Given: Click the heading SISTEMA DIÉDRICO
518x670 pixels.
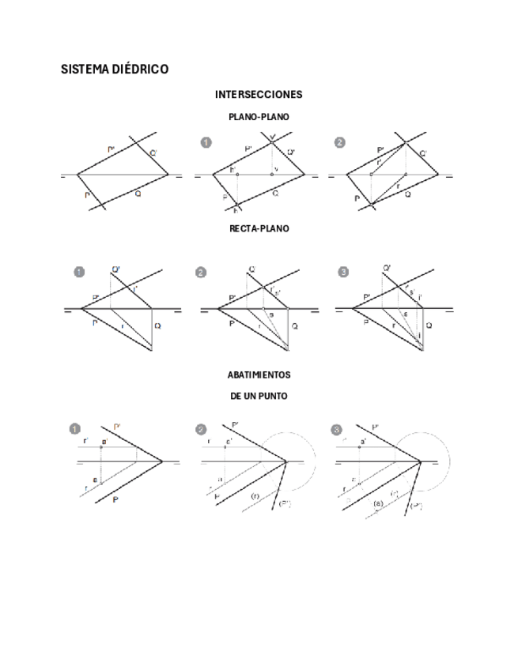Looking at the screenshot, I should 115,70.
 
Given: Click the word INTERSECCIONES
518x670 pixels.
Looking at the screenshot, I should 259,95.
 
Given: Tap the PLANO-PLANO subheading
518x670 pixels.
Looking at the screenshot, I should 259,117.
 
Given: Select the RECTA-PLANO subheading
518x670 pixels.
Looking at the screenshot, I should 259,228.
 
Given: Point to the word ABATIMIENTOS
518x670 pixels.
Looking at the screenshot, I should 259,374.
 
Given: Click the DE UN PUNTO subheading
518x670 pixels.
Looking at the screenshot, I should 259,395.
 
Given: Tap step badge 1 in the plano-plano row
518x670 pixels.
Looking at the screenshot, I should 206,142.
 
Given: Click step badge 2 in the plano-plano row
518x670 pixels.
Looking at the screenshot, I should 340,142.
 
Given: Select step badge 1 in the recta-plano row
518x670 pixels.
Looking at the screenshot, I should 78,273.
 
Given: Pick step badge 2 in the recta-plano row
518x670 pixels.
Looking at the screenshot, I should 200,273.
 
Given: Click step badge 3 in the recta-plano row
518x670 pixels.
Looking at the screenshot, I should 342,273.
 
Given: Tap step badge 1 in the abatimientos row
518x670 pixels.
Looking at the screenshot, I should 75,430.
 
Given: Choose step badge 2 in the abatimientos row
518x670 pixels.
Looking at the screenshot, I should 201,430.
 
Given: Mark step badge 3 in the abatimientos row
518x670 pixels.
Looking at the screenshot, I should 337,430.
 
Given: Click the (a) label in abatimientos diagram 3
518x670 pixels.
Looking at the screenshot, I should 377,502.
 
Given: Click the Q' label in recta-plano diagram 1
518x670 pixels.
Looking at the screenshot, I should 116,271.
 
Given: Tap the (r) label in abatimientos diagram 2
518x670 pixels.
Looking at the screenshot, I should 255,495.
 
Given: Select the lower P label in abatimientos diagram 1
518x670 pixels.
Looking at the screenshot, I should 116,500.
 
